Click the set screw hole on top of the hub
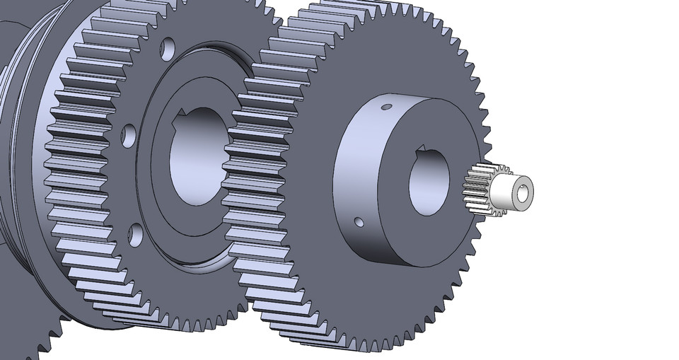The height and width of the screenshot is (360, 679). click(x=385, y=108)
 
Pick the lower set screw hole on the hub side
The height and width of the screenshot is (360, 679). click(x=359, y=222)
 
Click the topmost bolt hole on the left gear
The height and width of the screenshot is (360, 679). click(x=168, y=49)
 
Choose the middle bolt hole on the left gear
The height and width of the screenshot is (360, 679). click(x=128, y=136)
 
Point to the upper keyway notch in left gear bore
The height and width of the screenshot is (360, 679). click(x=182, y=115)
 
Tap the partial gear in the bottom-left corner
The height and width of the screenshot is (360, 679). click(x=28, y=339)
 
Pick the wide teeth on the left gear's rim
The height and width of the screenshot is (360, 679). click(x=78, y=177)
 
